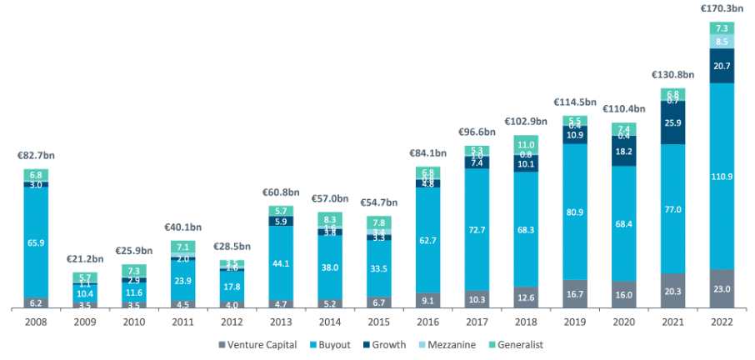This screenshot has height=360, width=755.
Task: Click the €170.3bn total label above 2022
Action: point(722,8)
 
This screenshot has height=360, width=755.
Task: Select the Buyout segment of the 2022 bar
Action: point(722,177)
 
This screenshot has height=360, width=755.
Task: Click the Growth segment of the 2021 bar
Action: point(672,122)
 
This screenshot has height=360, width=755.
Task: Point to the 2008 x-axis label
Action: point(36,322)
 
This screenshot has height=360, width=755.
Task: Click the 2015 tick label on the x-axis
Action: point(379,322)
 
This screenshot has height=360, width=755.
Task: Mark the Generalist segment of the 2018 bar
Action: point(526,143)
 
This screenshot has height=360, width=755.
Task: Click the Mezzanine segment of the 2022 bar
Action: point(722,41)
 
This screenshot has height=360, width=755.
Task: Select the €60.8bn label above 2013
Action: point(281,191)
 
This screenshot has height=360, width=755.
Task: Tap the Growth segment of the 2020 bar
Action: point(624,152)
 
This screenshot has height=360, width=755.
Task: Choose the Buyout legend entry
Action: point(336,344)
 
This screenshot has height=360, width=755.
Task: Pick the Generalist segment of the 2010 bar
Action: point(134,271)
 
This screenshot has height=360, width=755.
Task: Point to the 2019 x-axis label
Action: point(575,322)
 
